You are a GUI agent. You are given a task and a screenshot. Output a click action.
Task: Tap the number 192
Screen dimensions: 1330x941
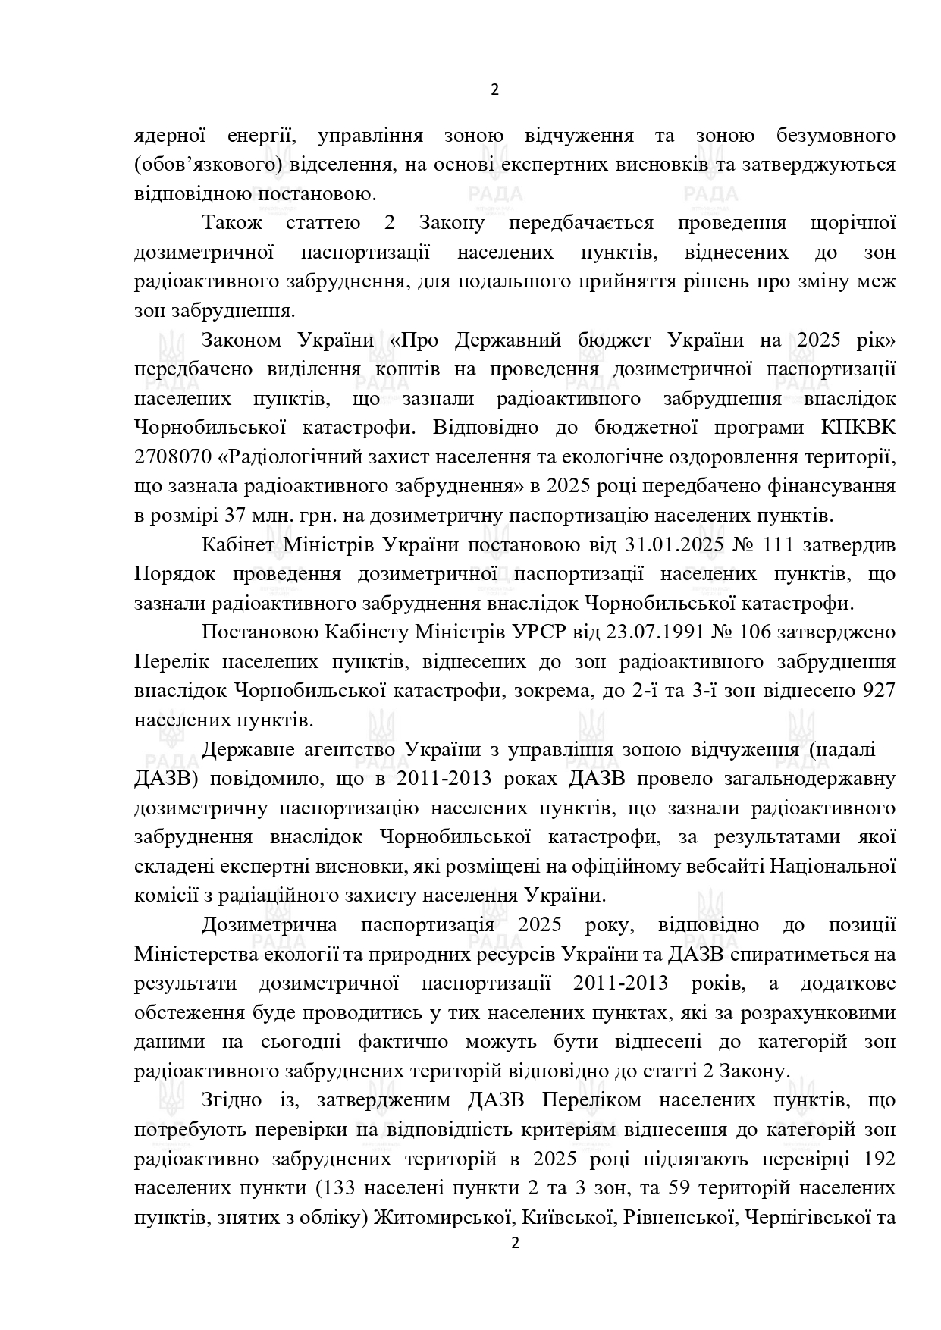click(x=879, y=1159)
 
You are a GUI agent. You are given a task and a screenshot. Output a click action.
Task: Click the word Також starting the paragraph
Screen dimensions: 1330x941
click(x=232, y=223)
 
